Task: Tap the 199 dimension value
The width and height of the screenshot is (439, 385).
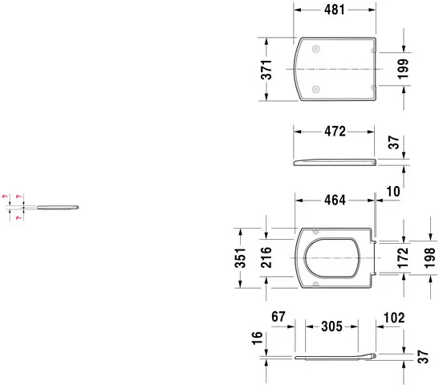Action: coord(403,70)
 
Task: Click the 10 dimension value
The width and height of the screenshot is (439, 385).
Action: coord(392,191)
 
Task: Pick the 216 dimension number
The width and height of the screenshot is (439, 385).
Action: coord(267,258)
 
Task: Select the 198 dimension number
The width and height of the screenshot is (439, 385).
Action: coord(429,258)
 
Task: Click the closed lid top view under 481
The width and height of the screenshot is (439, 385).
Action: coord(334,70)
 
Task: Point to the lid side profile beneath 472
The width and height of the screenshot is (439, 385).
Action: coord(334,162)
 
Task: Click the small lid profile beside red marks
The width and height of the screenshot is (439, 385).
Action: coord(58,209)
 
